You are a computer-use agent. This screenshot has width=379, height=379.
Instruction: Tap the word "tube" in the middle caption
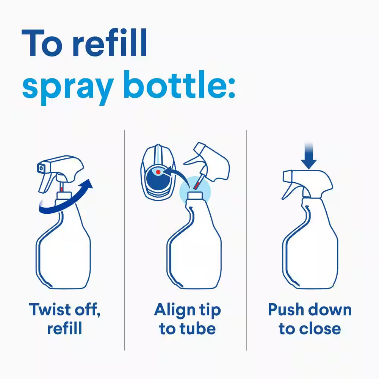tap(198, 328)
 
